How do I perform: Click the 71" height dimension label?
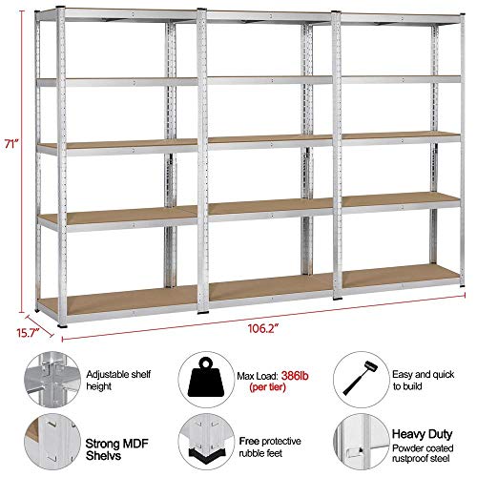[12, 143]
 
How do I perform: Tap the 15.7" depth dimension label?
[28, 333]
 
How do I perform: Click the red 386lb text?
[295, 376]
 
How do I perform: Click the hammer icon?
[361, 378]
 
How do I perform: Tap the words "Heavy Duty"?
[422, 434]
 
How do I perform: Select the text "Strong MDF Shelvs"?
[116, 449]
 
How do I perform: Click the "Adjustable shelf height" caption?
[118, 380]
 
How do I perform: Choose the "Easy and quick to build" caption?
[424, 380]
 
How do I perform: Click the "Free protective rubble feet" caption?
[270, 446]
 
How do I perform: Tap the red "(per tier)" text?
[267, 387]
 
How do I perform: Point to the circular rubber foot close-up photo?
[206, 442]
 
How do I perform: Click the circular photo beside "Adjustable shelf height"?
[52, 380]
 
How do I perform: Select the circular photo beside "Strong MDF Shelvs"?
[52, 442]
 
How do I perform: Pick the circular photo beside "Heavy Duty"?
[362, 442]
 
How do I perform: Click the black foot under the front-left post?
[63, 325]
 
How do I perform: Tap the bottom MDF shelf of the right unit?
[401, 274]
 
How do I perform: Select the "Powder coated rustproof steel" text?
[423, 453]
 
